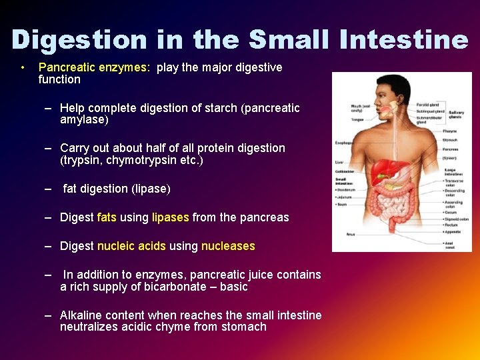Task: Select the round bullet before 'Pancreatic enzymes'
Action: (23, 67)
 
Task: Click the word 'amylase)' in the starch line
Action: (84, 120)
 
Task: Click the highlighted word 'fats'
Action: (107, 217)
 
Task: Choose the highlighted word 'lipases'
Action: (171, 217)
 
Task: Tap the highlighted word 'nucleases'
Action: (228, 246)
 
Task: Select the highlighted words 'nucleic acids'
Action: (131, 246)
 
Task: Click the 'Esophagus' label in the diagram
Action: (345, 142)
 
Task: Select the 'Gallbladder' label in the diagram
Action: (345, 171)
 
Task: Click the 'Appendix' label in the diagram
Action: (453, 231)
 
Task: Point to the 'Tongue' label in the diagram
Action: (357, 120)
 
